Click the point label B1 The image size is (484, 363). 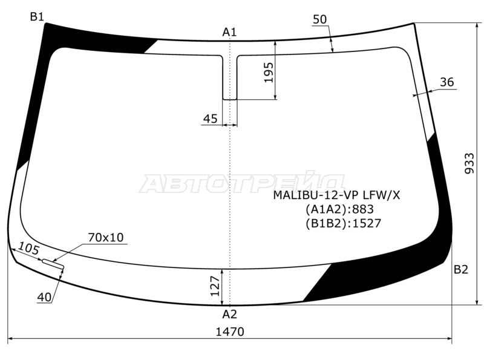point(38,17)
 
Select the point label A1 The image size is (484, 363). point(229,32)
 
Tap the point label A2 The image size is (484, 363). point(229,314)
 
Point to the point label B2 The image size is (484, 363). point(461,270)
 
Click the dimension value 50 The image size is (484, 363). point(319,19)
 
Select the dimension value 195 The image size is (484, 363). point(269,71)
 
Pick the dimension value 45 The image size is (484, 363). point(210,119)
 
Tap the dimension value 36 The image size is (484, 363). point(446,82)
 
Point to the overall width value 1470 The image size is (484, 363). point(229,332)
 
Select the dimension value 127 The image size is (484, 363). point(214,287)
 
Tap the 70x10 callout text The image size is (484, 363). point(105,237)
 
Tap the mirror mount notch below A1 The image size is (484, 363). point(230,77)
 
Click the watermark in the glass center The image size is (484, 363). point(242,183)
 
